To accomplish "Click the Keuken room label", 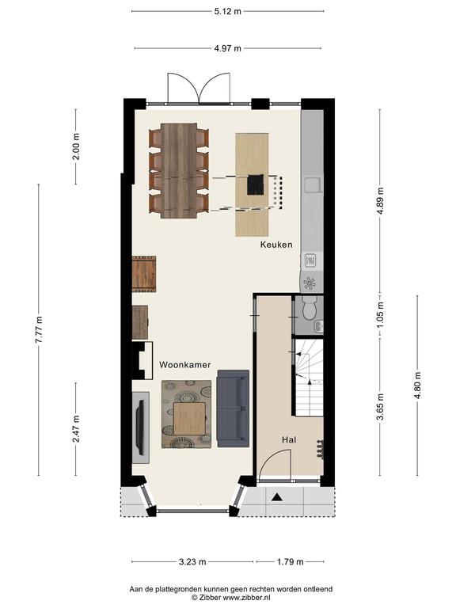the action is pos(276,245).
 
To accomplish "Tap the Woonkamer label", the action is pos(185,365).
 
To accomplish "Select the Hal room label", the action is pos(289,439).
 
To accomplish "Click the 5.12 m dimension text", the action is pos(228,11).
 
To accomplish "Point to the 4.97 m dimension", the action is pos(228,48).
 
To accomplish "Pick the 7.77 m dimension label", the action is pos(39,329).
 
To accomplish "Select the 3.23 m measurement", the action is pos(192,561).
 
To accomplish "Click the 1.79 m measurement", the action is pos(291,561).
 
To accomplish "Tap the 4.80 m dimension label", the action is pos(417,386).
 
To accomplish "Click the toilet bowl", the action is pos(309,309).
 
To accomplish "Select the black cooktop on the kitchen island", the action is pos(256,184).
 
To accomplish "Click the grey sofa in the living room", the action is pos(233,408).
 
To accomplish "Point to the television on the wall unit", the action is pos(140,427).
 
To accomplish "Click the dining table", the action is pos(179,171).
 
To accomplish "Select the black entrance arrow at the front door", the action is pos(276,496).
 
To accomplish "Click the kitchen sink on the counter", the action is pos(313,184).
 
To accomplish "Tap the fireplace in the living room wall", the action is pos(142,361).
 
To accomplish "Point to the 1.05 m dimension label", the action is pos(380,314).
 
